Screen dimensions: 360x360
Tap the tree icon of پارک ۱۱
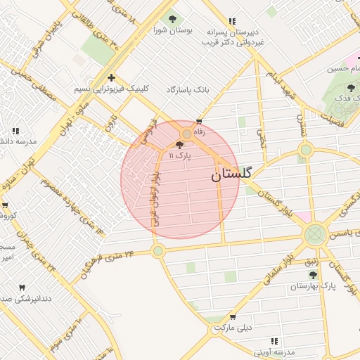tap(179, 144)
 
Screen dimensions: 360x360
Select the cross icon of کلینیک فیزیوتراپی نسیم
tap(111, 77)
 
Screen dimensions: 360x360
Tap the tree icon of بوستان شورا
tap(172, 19)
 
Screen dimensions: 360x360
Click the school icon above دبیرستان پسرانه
tap(233, 21)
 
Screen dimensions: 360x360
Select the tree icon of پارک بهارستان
tap(313, 275)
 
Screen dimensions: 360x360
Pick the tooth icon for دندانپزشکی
tap(21, 288)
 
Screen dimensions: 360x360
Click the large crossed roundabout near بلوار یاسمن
tap(314, 234)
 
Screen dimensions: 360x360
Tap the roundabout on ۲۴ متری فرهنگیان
tap(157, 250)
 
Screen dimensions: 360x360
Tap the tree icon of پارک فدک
tap(351, 88)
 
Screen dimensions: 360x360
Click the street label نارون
tap(109, 127)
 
